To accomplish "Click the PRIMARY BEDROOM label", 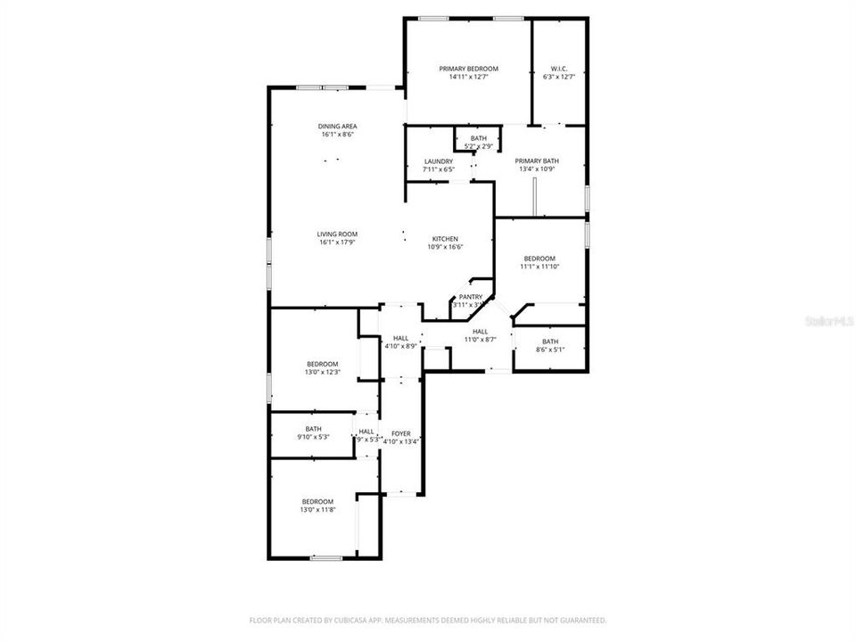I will (x=468, y=69).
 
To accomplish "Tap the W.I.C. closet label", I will (x=559, y=69).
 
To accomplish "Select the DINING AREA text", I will (x=337, y=127).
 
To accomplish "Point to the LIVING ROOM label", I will (x=337, y=235).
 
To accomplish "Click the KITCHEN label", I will (x=445, y=239).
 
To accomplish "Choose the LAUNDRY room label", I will (x=439, y=161).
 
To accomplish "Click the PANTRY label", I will (x=470, y=297).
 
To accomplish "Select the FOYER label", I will (x=400, y=432).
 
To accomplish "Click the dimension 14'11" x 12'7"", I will (x=468, y=77).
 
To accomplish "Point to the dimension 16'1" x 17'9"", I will (x=337, y=243).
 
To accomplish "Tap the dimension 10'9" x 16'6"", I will (x=445, y=247).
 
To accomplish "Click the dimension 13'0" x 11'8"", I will (x=317, y=509).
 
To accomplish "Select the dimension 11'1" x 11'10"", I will (x=539, y=267).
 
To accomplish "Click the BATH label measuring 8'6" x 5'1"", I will (x=550, y=342).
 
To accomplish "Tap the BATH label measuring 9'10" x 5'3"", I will (x=313, y=429).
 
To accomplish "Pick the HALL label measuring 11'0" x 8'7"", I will (x=480, y=331).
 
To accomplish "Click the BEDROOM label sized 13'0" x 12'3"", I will (x=322, y=364).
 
